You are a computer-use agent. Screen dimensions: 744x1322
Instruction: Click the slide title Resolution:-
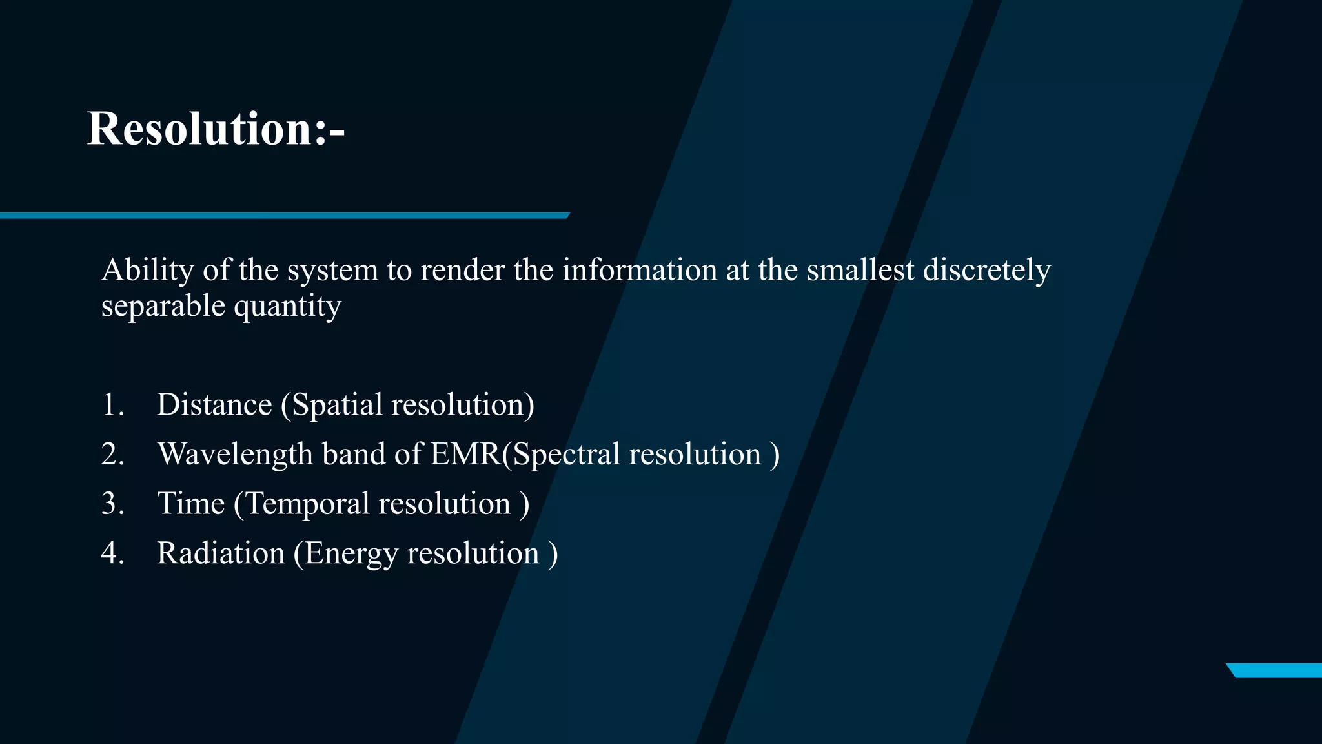point(216,129)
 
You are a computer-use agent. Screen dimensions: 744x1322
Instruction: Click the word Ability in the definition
point(148,270)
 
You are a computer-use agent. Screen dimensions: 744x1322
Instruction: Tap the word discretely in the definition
point(986,270)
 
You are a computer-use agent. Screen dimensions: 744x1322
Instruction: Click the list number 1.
point(112,405)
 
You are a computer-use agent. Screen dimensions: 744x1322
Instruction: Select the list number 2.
point(112,454)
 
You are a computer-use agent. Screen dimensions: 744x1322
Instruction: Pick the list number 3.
point(112,504)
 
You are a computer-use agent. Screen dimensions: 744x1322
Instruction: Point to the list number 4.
point(112,553)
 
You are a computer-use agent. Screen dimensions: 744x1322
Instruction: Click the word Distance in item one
point(214,405)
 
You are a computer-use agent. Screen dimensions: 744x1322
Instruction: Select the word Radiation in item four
point(221,553)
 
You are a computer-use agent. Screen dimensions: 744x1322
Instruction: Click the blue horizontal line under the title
point(284,216)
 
